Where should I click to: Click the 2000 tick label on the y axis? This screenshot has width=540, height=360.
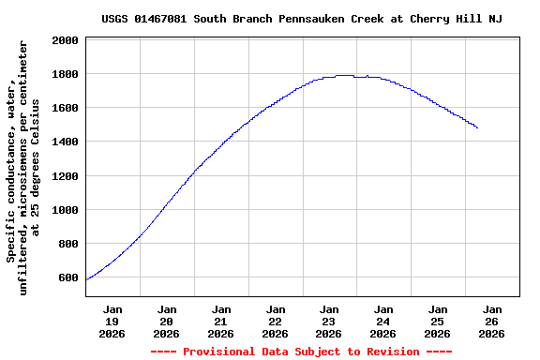coord(66,40)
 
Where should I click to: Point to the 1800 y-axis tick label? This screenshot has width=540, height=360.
coord(66,74)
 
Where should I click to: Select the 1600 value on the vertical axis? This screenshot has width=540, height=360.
coord(66,108)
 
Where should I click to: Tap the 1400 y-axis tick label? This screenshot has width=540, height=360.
coord(66,142)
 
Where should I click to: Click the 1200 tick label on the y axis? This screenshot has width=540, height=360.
coord(66,176)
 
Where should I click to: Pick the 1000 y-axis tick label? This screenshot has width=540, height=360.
coord(66,210)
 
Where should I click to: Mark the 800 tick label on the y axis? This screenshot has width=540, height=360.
coord(68,244)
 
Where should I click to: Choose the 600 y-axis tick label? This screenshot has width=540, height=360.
coord(68,277)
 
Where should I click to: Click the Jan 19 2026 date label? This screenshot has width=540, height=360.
coord(112,321)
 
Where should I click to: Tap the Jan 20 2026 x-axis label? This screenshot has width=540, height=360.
coord(167,321)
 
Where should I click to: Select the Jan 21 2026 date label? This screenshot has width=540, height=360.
coord(221,321)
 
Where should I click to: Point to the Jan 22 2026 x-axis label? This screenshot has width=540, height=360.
coord(275,321)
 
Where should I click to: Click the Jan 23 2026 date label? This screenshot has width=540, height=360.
coord(329,321)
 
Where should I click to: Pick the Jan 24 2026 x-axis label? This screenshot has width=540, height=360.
coord(383,321)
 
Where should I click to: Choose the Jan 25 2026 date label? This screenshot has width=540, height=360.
coord(438,321)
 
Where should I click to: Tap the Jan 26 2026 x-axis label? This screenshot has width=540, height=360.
coord(492,321)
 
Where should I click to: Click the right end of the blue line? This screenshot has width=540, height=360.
coord(477,127)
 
